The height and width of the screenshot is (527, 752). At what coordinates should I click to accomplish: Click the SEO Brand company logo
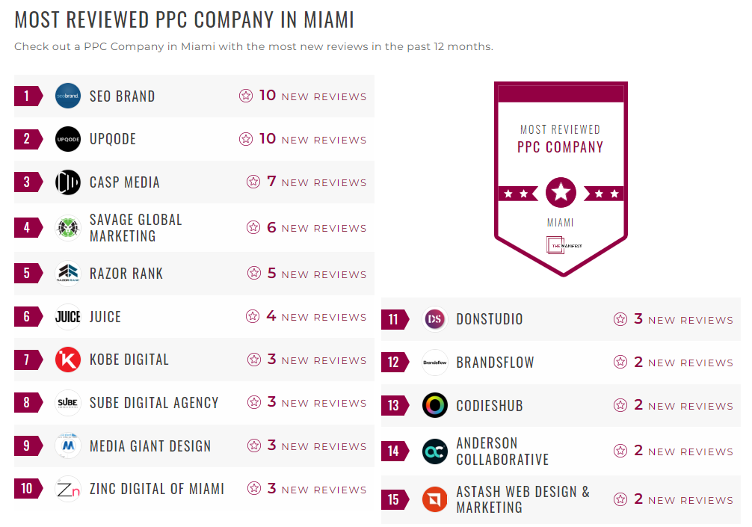[x=68, y=96]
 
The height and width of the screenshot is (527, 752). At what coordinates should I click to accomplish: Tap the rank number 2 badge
[x=28, y=139]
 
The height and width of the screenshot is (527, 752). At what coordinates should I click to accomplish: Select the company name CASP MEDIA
[x=124, y=182]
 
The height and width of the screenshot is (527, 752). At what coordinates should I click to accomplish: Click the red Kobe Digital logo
[x=68, y=360]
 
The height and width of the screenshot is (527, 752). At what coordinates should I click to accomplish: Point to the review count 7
[x=271, y=181]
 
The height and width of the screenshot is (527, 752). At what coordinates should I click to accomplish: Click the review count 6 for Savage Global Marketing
[x=271, y=227]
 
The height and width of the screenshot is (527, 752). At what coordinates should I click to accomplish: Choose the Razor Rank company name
[x=126, y=274]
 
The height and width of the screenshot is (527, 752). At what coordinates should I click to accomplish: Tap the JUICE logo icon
[x=68, y=317]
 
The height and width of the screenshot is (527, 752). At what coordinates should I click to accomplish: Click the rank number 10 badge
[x=28, y=489]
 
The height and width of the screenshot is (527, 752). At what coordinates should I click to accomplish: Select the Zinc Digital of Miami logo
[x=68, y=489]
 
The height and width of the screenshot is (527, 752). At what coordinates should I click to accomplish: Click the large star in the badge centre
[x=561, y=193]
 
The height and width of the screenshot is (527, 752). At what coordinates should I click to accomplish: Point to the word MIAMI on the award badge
[x=561, y=223]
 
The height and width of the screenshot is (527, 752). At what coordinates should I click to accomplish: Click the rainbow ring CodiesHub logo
[x=435, y=405]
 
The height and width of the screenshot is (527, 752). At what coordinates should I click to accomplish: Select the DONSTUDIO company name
[x=490, y=319]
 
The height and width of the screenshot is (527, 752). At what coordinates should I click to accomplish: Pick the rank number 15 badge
[x=394, y=499]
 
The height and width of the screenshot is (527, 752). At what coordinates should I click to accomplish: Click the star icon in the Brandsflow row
[x=620, y=363]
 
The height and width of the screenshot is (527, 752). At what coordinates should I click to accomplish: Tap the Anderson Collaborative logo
[x=435, y=451]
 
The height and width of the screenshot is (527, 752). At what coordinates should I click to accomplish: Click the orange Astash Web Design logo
[x=435, y=499]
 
